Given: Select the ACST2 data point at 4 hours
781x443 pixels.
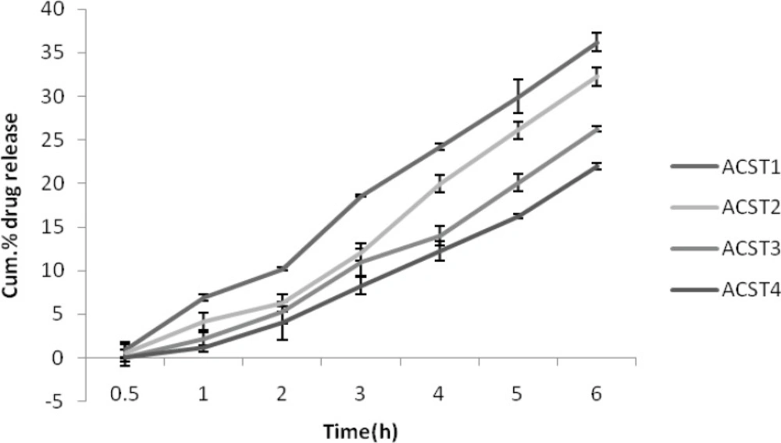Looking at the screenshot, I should point(439,184).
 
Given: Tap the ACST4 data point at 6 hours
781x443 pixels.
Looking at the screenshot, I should point(596,166).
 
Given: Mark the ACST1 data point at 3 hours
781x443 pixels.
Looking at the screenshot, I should point(360,196).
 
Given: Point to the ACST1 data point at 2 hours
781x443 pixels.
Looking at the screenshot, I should point(282,268).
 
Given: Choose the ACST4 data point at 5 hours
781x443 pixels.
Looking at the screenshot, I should point(517,216).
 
